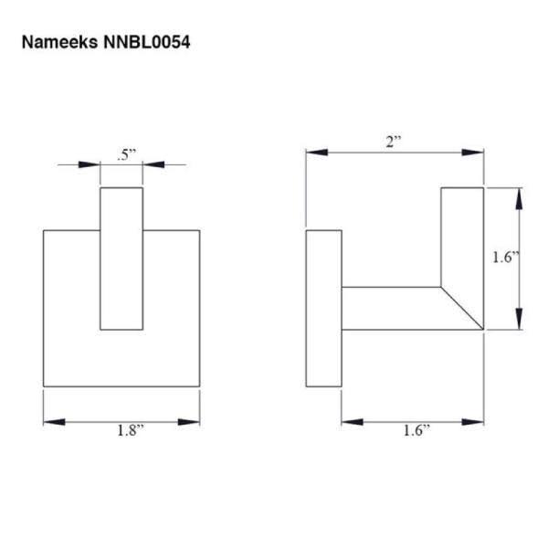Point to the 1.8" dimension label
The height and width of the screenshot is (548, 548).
[122, 433]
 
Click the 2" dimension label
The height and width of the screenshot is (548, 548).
[394, 141]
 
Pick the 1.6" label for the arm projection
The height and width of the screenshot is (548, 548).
[413, 433]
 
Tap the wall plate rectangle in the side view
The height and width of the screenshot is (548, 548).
[323, 309]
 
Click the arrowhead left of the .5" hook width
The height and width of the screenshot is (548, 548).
[90, 164]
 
